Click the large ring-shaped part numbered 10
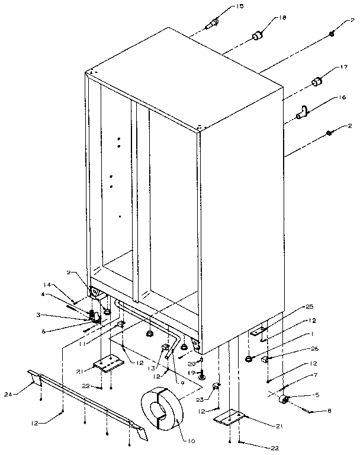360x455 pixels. point(161,411)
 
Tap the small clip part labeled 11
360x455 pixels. point(120,324)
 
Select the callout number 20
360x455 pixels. point(192,363)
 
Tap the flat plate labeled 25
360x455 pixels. point(258,333)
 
